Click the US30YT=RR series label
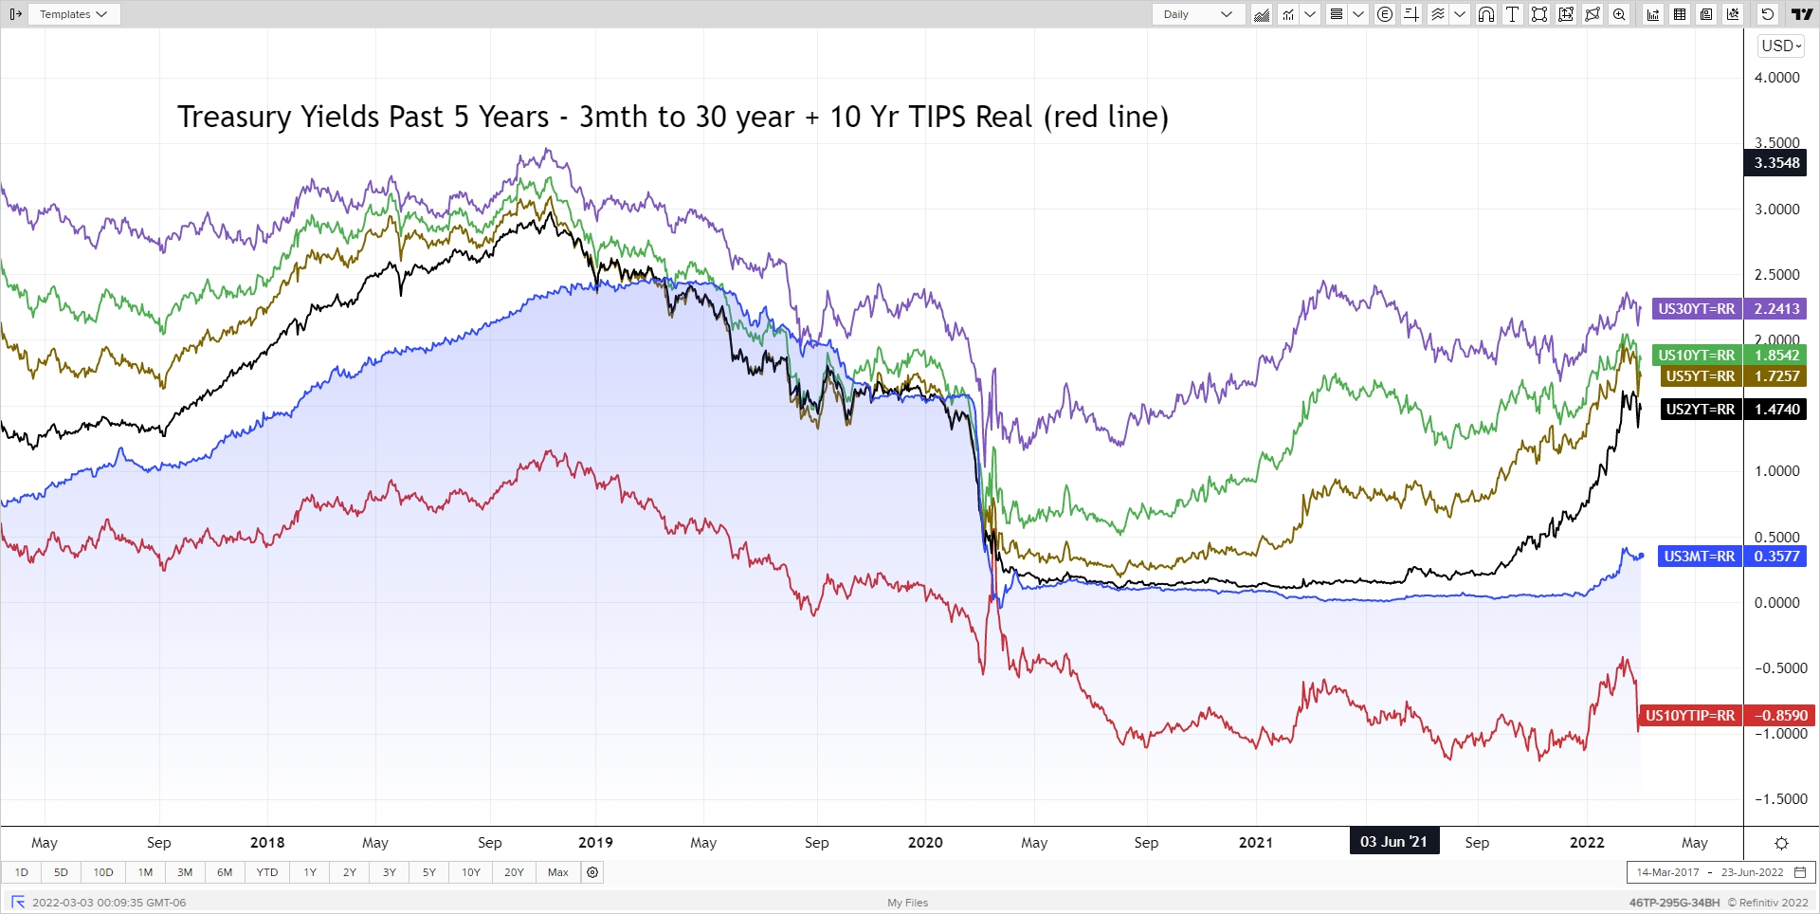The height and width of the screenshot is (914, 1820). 1696,309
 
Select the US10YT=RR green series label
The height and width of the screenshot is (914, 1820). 1696,356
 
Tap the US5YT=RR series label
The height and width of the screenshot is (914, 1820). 1700,376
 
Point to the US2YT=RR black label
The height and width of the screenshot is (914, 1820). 1700,410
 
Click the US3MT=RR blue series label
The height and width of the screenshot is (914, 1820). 1699,557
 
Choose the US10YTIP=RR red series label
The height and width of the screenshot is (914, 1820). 1689,716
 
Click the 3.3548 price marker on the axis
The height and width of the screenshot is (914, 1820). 1775,163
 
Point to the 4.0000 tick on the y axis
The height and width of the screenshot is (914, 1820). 1776,78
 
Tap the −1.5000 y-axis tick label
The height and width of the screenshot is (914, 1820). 1776,799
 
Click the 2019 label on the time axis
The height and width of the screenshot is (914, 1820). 595,843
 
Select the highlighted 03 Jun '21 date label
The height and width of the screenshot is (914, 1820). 1393,842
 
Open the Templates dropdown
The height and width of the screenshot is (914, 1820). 73,14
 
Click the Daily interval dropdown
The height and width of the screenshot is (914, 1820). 1197,14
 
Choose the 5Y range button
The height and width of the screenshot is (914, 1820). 428,872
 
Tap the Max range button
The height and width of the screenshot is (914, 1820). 557,872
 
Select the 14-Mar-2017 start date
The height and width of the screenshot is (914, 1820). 1667,872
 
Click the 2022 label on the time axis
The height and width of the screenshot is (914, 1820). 1587,843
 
